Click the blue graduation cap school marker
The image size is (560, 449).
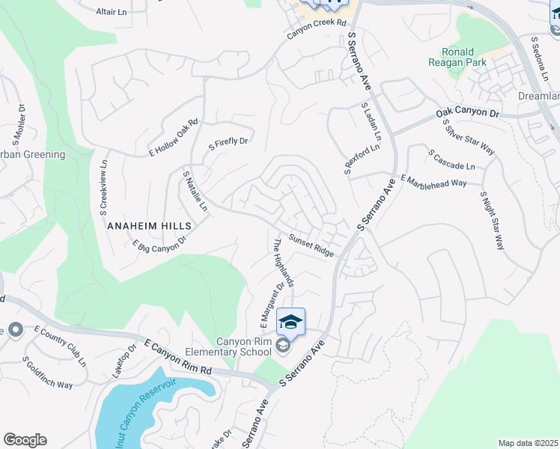point(290,322)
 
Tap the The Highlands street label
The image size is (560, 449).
point(283,262)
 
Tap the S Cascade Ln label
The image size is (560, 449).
point(451,159)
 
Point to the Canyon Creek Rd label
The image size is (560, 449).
point(319,35)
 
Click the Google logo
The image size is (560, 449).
point(25,440)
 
